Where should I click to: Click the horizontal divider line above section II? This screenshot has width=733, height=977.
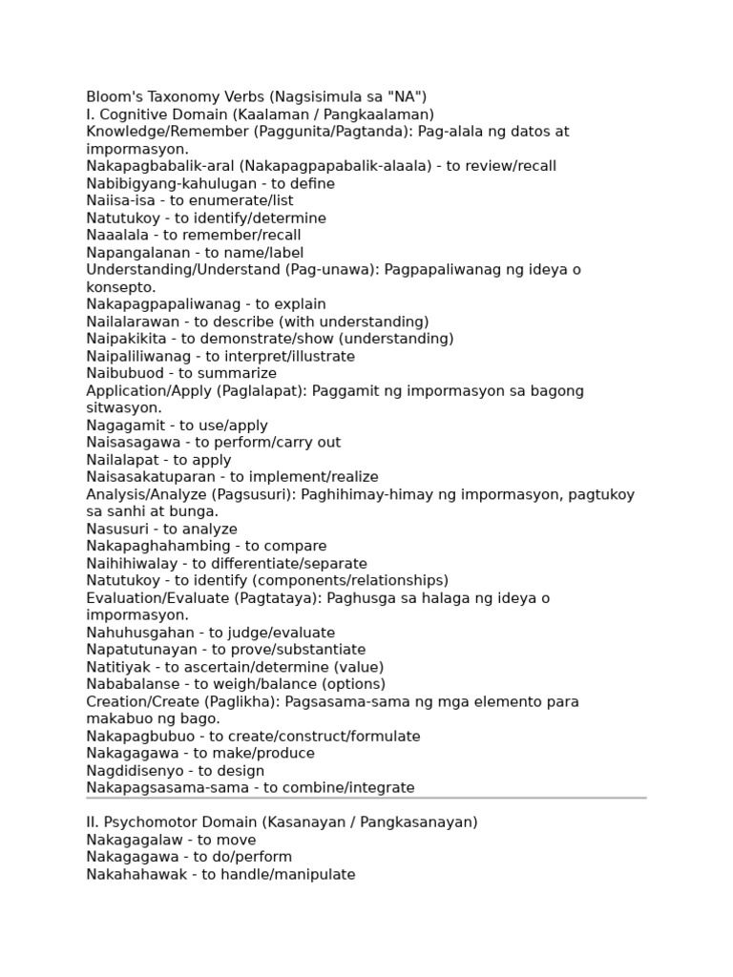(366, 798)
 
